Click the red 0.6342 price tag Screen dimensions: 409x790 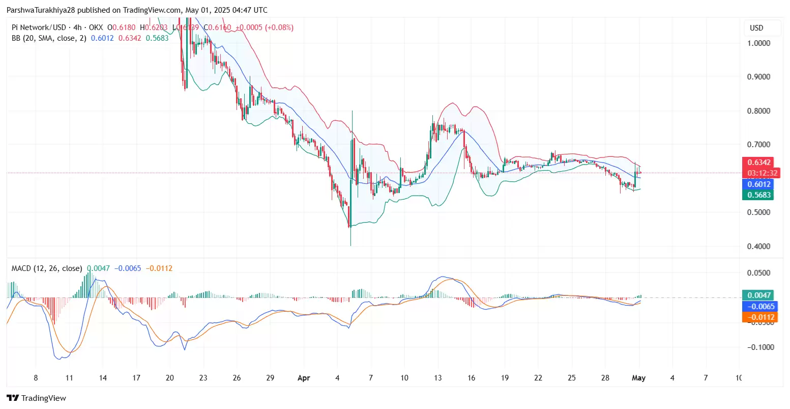click(759, 162)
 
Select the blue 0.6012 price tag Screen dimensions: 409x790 click(759, 184)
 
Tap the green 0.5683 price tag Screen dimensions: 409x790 click(759, 195)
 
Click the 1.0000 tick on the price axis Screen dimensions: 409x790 click(758, 43)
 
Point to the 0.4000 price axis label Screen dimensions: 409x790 click(758, 247)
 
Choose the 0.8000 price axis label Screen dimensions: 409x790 click(758, 111)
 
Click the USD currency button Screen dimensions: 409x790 click(757, 28)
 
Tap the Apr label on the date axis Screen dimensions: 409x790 click(304, 378)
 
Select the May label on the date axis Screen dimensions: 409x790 click(638, 378)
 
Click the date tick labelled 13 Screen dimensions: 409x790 click(438, 378)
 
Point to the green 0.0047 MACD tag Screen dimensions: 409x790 click(759, 295)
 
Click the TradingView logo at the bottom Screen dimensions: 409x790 click(37, 398)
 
